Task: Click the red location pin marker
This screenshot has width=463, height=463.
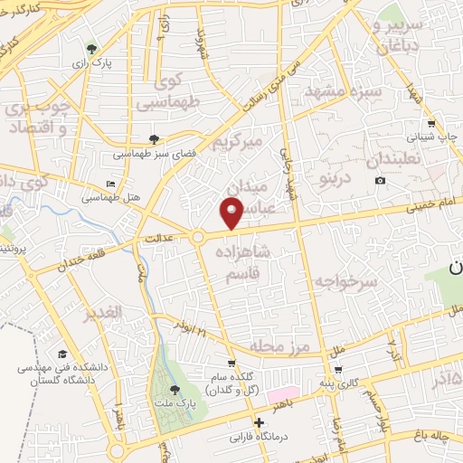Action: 232,213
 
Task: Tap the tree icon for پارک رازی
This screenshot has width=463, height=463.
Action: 91,49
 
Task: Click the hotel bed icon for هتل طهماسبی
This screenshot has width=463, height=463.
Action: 111,184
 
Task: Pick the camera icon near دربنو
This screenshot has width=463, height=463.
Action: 380,180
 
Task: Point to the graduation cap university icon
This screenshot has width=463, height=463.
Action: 62,354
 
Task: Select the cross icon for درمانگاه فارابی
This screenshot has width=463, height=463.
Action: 259,421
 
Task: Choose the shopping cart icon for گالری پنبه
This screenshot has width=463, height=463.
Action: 337,370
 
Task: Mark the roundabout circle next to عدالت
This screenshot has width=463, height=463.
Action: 197,237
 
